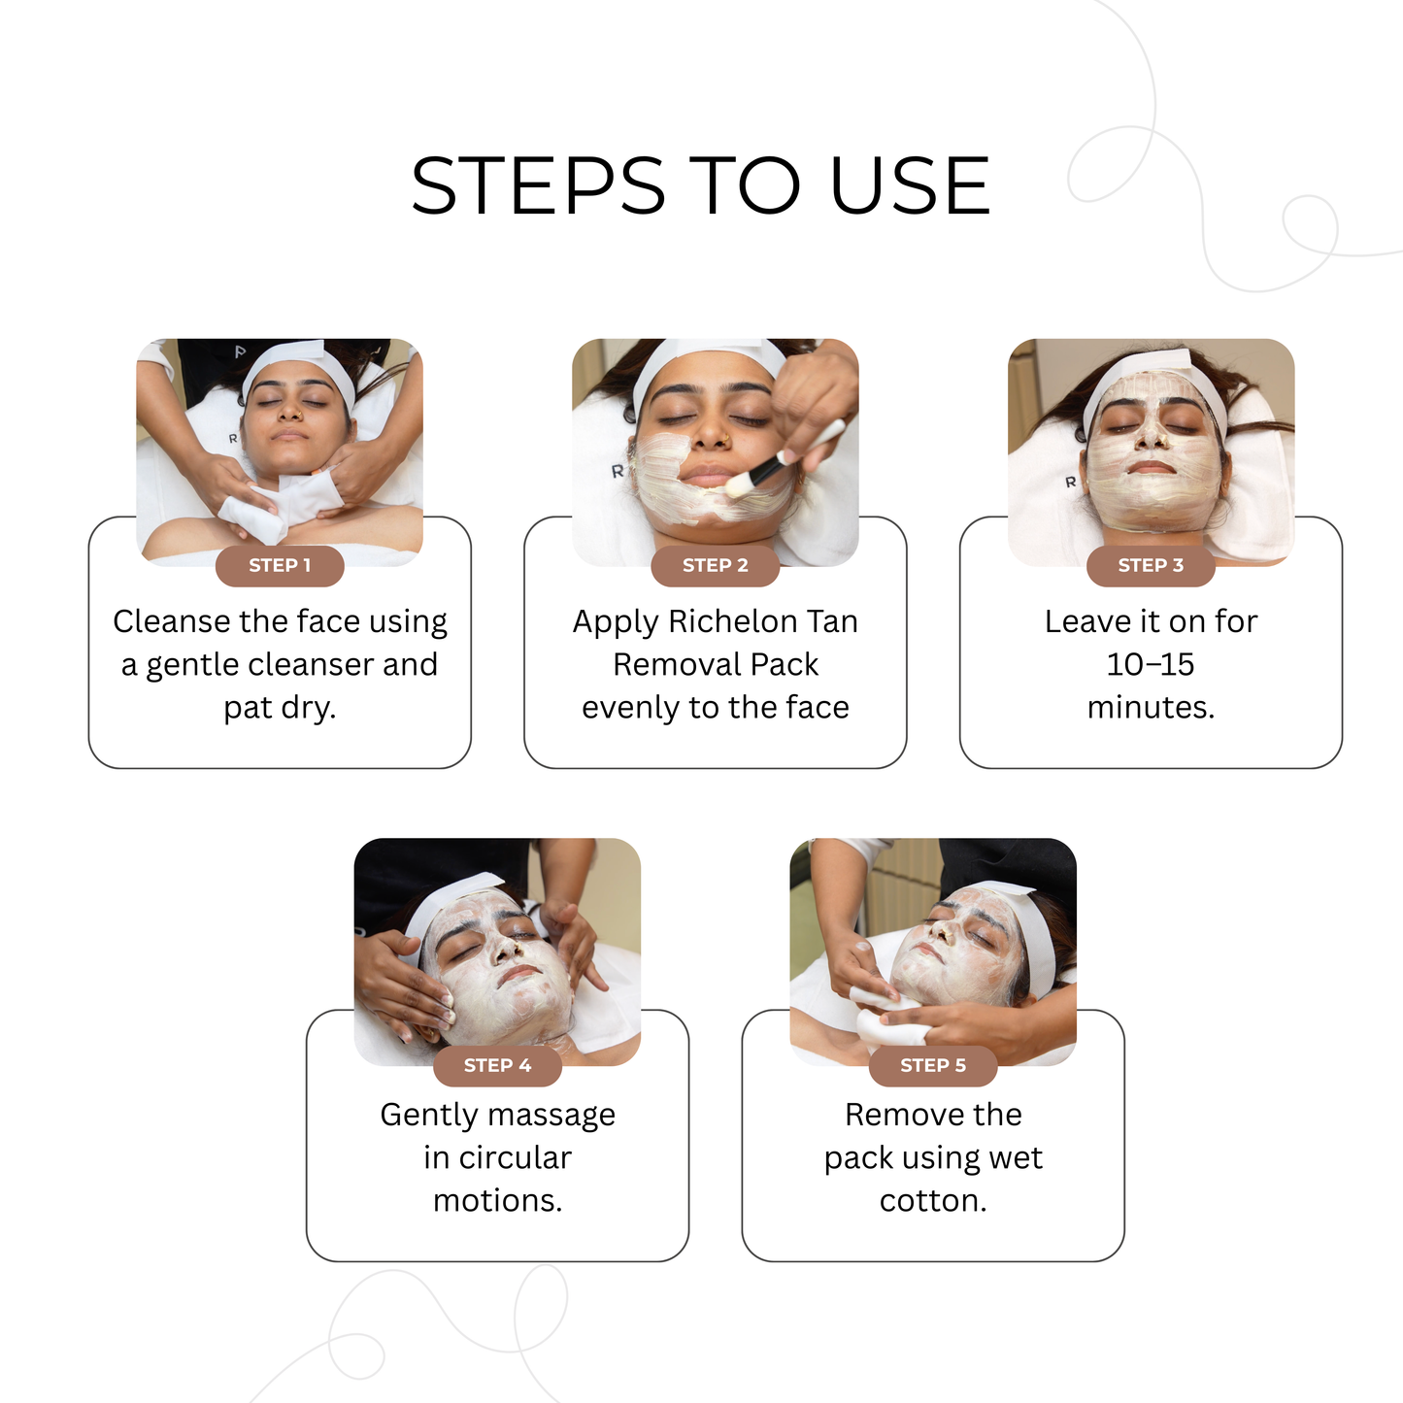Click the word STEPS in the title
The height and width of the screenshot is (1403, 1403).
538,185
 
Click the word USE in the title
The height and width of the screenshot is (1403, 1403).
910,185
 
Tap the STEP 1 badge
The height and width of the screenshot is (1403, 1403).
280,566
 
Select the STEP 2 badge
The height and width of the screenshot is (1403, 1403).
715,566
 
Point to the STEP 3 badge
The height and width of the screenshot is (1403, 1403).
1151,566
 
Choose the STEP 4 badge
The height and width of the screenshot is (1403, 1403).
497,1066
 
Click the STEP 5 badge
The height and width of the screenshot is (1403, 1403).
933,1066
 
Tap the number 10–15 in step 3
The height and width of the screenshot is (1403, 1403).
1151,665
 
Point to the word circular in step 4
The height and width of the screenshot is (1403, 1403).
515,1158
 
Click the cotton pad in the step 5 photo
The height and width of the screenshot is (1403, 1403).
879,1010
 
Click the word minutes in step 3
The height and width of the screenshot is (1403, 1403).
1150,708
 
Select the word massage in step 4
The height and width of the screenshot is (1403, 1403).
557,1115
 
